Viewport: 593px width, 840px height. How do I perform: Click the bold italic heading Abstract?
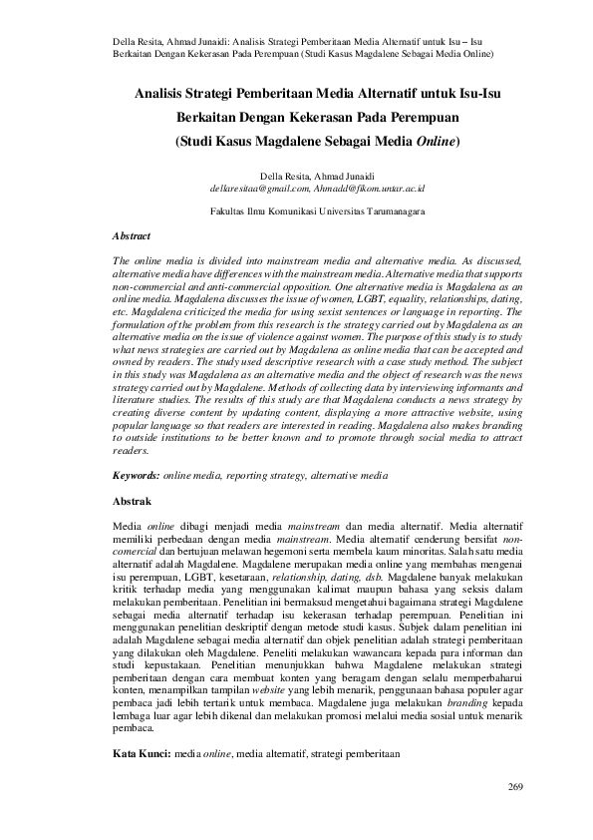point(132,236)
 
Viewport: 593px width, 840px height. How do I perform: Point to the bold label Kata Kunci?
point(142,756)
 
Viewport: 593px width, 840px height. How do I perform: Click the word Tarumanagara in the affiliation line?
point(388,211)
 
